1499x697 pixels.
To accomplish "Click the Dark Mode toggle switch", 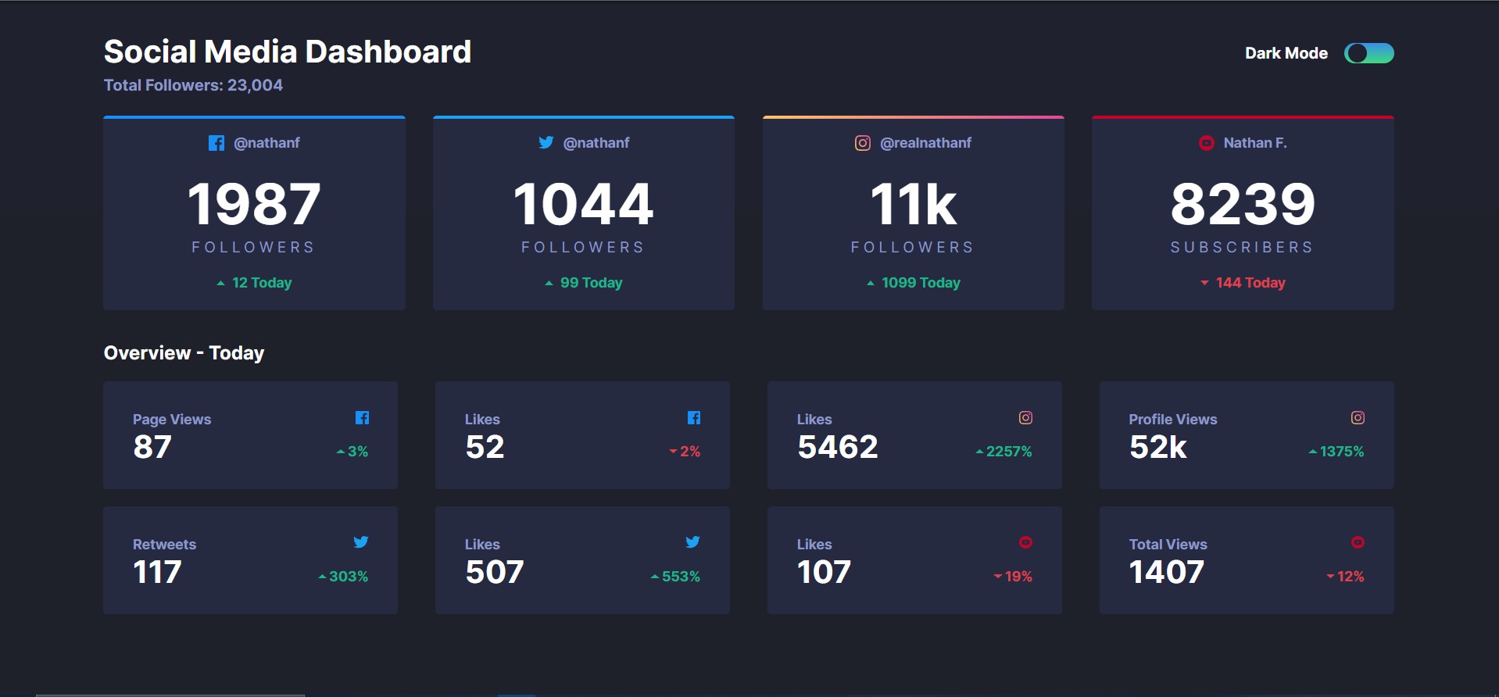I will tap(1368, 53).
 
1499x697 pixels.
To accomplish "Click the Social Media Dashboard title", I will tap(288, 52).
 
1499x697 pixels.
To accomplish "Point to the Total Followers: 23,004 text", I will tap(193, 85).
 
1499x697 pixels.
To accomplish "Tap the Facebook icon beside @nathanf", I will tap(216, 143).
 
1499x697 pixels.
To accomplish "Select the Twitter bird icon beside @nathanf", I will tap(546, 142).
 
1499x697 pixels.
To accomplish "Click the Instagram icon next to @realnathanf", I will tap(862, 143).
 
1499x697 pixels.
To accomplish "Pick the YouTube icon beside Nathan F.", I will tap(1207, 143).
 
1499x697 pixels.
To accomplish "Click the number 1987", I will tap(254, 204).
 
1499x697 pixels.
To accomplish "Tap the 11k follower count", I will tap(913, 204).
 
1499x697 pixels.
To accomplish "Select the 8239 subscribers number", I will tap(1243, 204).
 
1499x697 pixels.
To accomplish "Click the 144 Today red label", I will tap(1250, 283).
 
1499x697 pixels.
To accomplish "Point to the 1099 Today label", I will tap(920, 283).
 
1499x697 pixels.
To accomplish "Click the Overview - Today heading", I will tap(184, 353).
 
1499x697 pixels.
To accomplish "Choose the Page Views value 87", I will tap(152, 447).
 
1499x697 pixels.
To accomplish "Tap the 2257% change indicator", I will tap(1008, 452).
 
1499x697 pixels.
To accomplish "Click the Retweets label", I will tap(164, 545).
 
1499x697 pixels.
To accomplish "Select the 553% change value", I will tap(680, 577).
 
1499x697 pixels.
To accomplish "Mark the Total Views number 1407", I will tap(1166, 572).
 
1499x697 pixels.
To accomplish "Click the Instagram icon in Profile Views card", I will tap(1358, 418).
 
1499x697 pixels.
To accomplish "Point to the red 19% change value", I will tap(1018, 577).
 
